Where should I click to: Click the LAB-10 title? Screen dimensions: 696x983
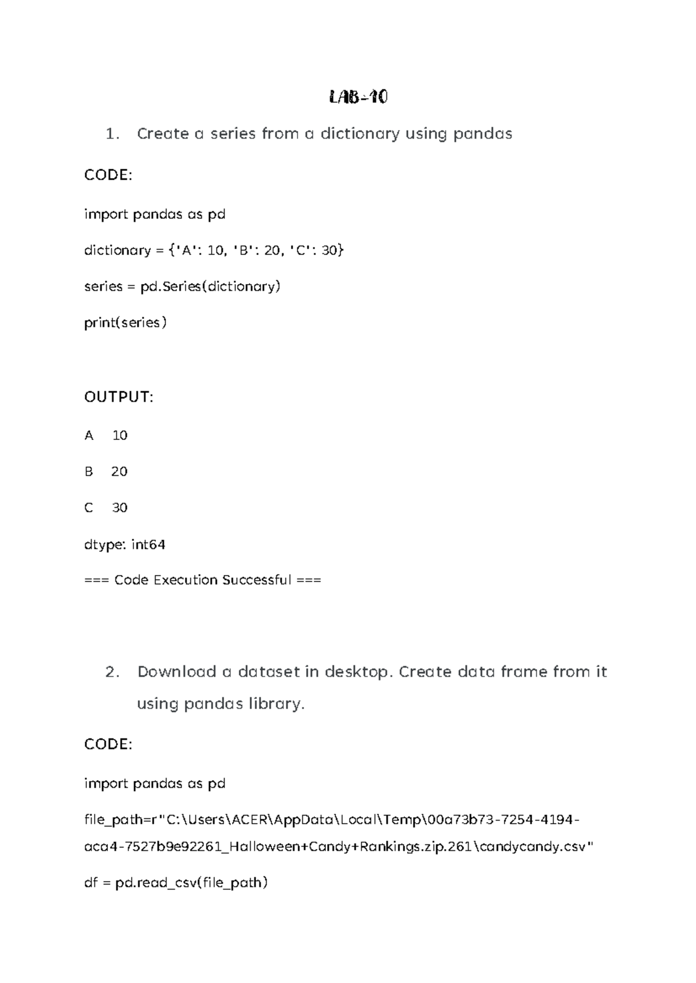click(358, 97)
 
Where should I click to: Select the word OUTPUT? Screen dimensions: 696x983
click(119, 397)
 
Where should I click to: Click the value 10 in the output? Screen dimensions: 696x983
click(119, 435)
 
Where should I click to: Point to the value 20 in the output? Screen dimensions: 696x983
click(119, 472)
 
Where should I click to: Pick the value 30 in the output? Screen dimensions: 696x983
click(119, 508)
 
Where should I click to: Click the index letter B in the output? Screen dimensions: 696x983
click(89, 472)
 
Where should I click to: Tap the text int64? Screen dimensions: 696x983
click(148, 545)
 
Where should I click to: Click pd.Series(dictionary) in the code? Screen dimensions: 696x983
click(211, 286)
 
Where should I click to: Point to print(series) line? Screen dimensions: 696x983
click(125, 323)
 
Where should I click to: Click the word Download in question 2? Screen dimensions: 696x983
click(176, 672)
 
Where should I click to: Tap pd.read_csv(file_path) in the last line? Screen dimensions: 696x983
click(191, 883)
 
